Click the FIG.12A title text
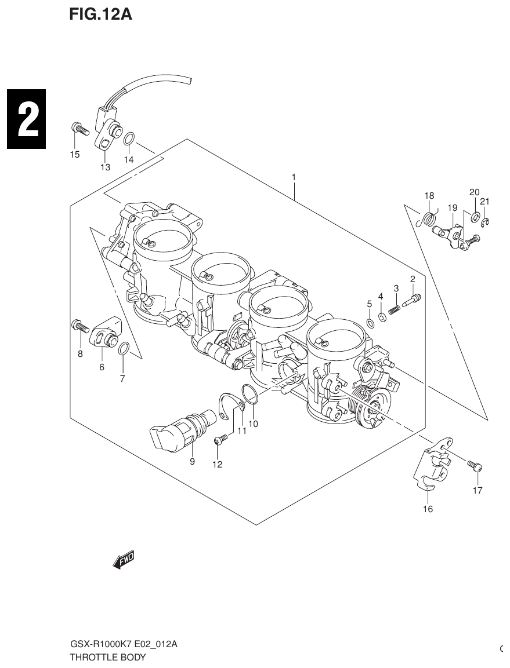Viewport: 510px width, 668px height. pos(100,14)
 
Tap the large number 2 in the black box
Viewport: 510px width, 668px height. pos(26,119)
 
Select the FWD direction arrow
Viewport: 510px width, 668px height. pos(123,559)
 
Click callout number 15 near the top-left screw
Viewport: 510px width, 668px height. pos(75,154)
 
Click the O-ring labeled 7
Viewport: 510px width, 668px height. pos(124,348)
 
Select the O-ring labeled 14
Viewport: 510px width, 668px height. pos(130,138)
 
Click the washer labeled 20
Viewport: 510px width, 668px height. pos(475,216)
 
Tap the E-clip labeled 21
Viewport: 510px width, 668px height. pos(486,222)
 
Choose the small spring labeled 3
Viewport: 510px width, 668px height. pos(395,309)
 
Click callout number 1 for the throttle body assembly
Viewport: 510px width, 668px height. pos(294,177)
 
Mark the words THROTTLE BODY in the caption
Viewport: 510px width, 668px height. pos(107,658)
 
